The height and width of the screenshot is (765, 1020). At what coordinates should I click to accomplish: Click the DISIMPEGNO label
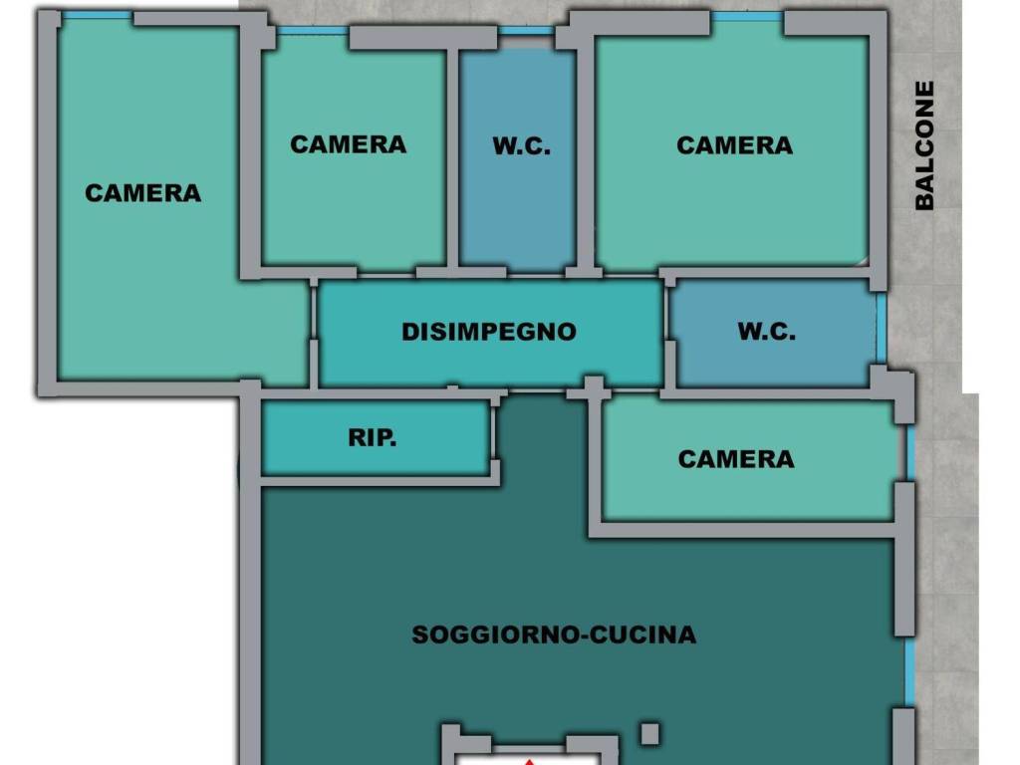pos(488,332)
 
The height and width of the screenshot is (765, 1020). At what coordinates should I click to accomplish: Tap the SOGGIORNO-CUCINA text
pos(554,635)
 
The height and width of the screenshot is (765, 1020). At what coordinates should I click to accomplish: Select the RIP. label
pos(373,437)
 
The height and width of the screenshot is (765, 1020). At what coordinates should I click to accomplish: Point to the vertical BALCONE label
pos(924,145)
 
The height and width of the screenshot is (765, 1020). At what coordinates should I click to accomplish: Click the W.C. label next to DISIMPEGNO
pos(766,331)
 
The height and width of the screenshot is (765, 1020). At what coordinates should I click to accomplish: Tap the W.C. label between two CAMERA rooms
pos(521,145)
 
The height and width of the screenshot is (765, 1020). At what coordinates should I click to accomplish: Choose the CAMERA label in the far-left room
pos(142,193)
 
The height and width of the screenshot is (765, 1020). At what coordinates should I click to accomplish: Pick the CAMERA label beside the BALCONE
pos(734,145)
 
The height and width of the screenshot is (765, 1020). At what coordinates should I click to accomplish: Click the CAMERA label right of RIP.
pos(736,459)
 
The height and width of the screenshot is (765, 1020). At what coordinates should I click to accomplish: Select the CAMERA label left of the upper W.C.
pos(348,144)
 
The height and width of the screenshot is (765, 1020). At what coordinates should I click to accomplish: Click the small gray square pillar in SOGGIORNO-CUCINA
pos(649,734)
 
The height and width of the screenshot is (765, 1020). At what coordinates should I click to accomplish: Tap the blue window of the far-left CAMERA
pos(98,15)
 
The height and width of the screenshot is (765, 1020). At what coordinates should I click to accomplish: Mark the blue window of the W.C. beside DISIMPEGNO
pos(882,329)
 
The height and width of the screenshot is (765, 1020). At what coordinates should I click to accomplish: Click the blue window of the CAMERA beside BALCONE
pos(747,16)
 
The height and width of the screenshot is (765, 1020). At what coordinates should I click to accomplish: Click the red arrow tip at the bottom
pos(530,761)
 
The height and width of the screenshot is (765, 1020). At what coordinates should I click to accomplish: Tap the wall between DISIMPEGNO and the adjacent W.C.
pos(669,332)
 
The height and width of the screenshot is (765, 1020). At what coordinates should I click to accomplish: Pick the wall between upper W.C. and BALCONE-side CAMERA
pos(586,156)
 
